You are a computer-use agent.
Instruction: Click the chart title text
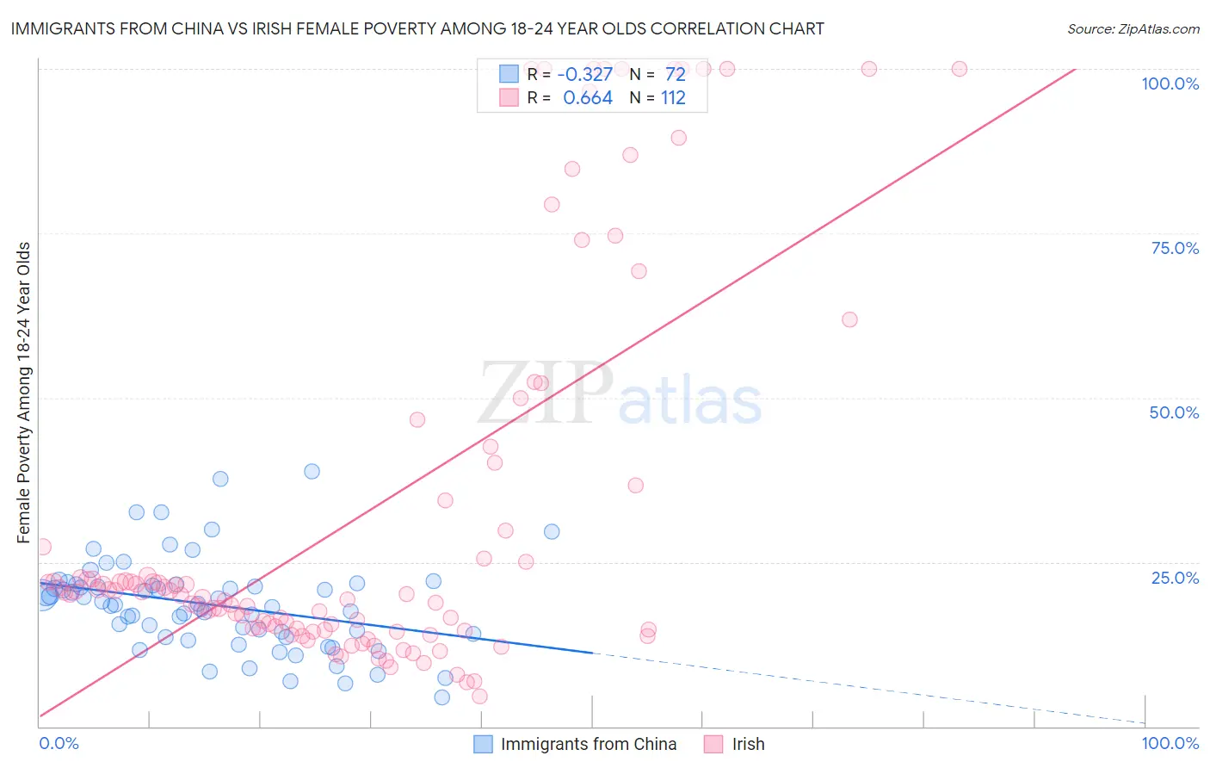417,28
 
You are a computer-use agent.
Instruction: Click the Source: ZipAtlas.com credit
1133,28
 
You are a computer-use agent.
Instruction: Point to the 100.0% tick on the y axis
1170,84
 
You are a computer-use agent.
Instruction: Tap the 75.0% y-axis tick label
1175,248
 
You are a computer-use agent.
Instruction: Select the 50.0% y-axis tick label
1174,412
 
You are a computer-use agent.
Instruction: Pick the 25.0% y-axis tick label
1175,577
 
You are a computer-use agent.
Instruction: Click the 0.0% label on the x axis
59,743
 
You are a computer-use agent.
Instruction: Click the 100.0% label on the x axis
1170,743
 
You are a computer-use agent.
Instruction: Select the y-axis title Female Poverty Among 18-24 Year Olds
24,393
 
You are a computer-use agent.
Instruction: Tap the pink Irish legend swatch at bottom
713,744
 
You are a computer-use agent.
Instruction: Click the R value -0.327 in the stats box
585,75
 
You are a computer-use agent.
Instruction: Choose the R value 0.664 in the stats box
588,98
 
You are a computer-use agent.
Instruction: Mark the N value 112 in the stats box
673,98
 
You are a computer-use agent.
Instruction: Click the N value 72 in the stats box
675,75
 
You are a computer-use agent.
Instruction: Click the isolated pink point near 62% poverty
849,319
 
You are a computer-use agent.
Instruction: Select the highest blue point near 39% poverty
312,471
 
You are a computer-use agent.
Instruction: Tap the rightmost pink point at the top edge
959,69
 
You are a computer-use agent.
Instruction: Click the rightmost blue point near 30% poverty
552,532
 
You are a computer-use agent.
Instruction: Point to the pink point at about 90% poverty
678,138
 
